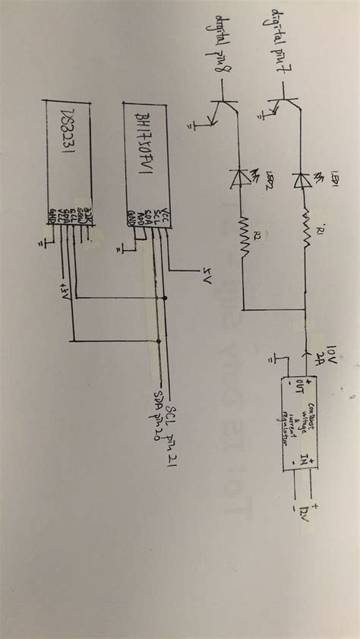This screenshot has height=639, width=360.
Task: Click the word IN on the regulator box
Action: pyautogui.click(x=304, y=460)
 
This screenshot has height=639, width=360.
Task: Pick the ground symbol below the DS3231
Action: pyautogui.click(x=43, y=242)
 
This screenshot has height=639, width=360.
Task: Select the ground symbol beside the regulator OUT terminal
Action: pyautogui.click(x=276, y=357)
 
